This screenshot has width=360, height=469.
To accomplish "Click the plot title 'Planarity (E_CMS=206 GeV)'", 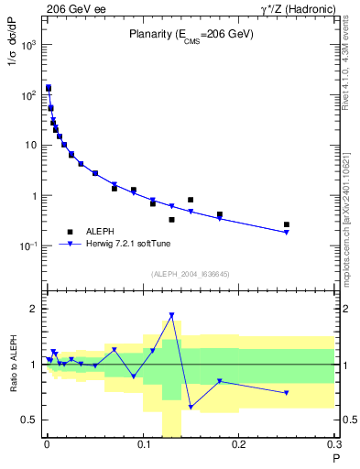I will pyautogui.click(x=191, y=34).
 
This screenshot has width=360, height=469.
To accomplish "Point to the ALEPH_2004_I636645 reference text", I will pyautogui.click(x=191, y=273).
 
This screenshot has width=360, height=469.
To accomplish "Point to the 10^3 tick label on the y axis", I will pyautogui.click(x=28, y=44).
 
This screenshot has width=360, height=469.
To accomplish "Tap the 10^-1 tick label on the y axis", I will pyautogui.click(x=28, y=246).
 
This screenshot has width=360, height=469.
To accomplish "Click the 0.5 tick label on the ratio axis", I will pyautogui.click(x=28, y=420).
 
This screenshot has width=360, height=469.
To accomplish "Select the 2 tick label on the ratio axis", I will pyautogui.click(x=34, y=309).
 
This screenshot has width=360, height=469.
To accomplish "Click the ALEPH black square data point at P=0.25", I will pyautogui.click(x=287, y=224).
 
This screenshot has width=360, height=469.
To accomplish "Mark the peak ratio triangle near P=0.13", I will pyautogui.click(x=171, y=315).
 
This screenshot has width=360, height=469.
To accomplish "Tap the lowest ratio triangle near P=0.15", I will pyautogui.click(x=191, y=407).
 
